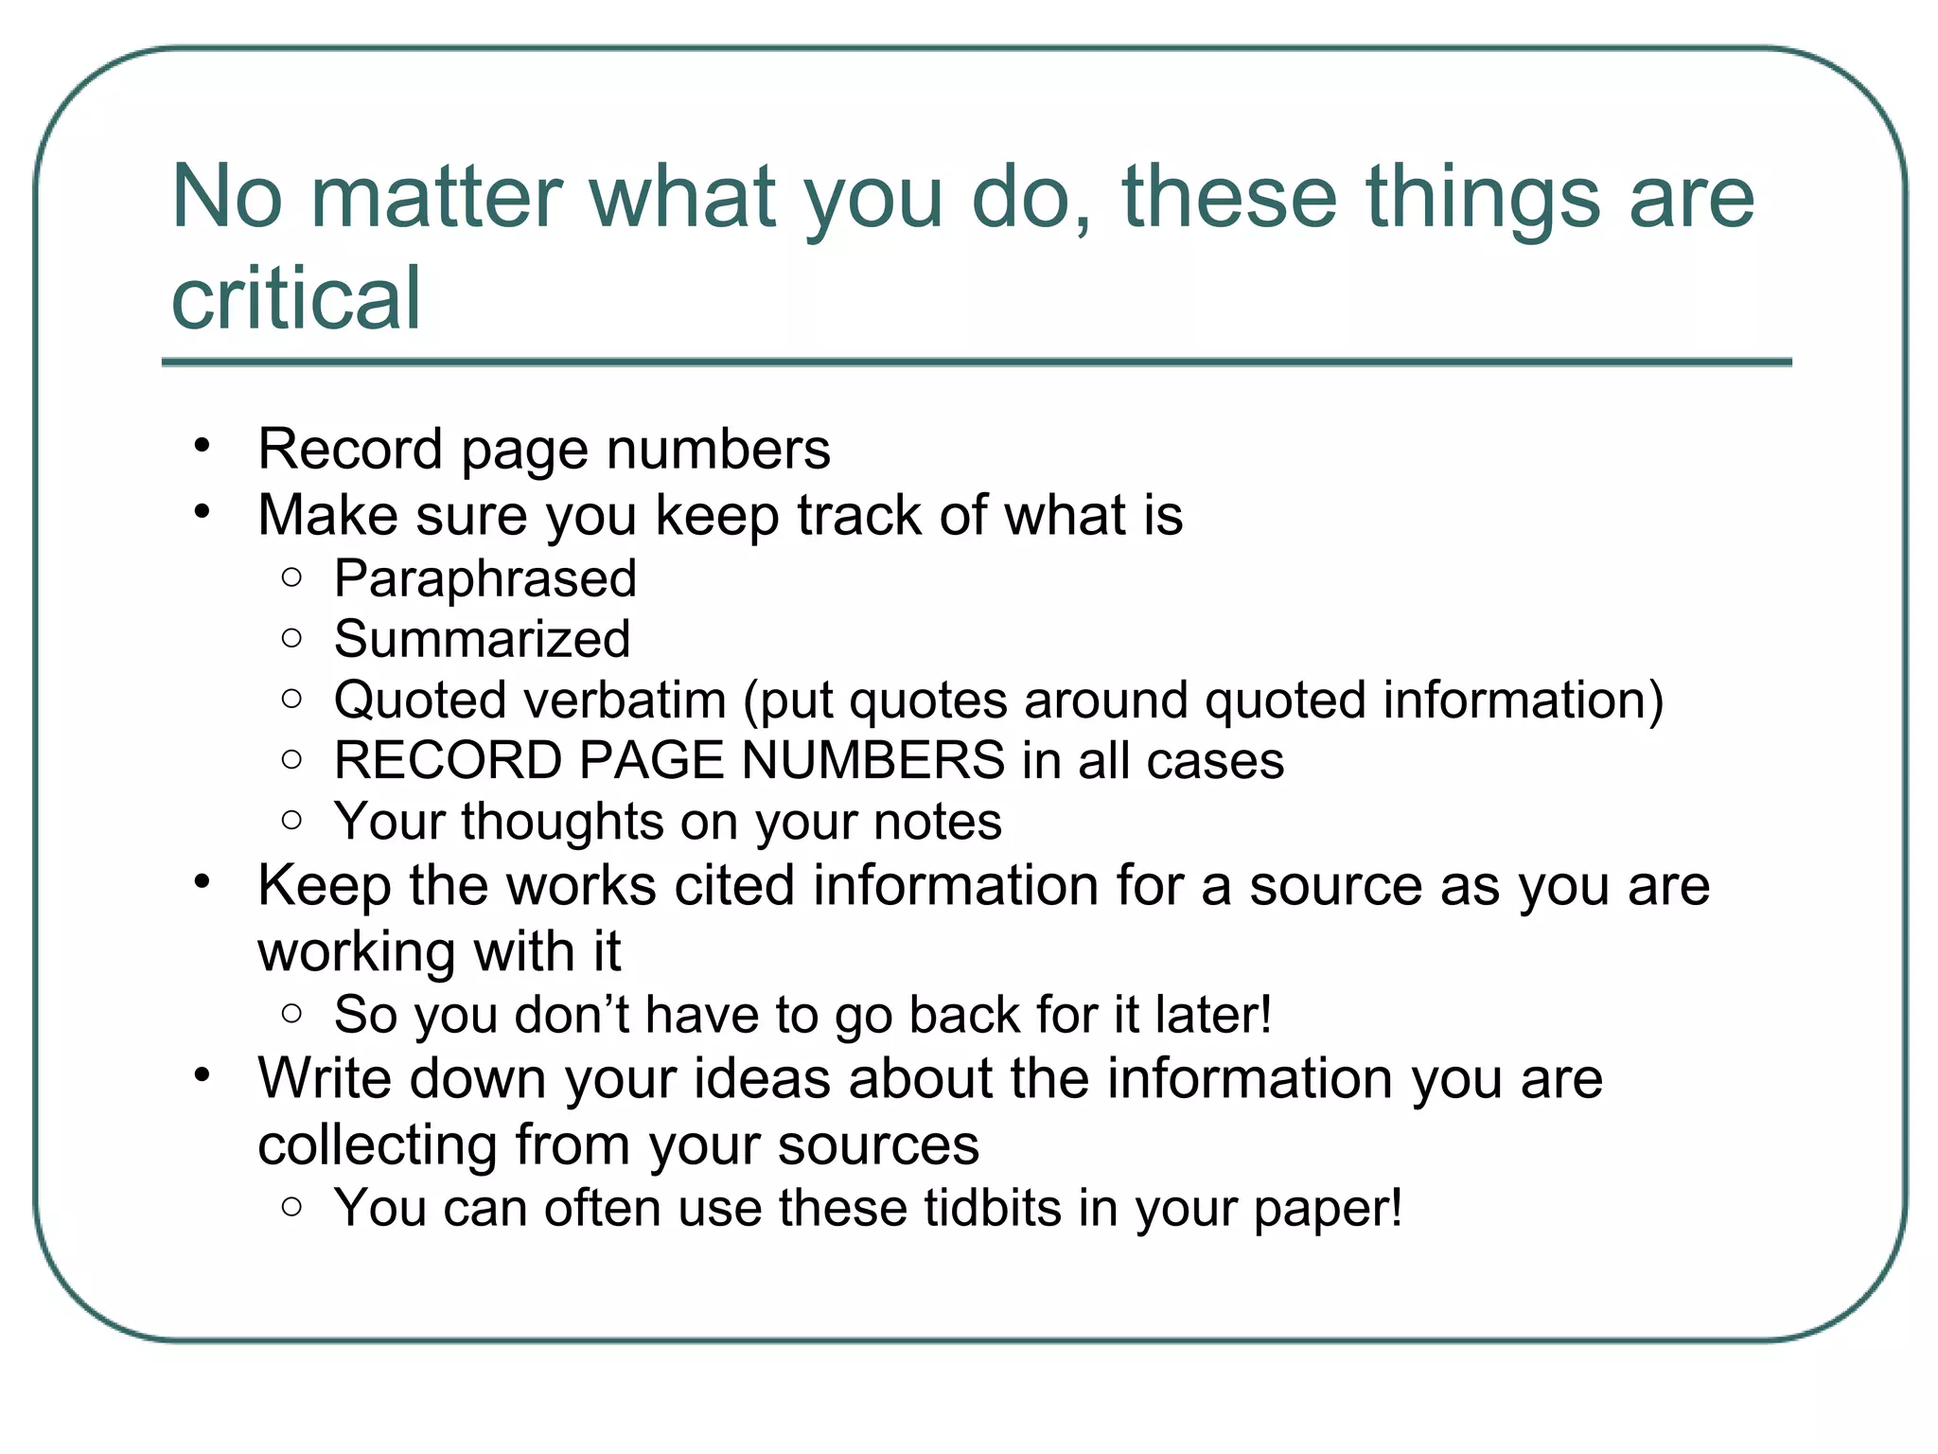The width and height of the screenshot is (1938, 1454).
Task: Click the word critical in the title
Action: (x=295, y=298)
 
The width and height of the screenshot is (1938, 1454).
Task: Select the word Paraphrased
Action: (x=485, y=578)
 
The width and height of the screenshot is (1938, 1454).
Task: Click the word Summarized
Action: (x=482, y=639)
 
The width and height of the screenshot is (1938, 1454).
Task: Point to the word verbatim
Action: (x=625, y=700)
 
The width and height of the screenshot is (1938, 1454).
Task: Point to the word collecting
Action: (x=377, y=1145)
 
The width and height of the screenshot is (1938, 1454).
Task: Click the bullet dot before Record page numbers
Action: (x=202, y=445)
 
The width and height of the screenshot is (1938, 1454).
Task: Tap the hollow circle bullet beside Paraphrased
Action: (x=291, y=577)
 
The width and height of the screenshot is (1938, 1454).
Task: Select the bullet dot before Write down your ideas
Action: (x=202, y=1075)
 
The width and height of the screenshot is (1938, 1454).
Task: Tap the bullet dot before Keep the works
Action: (x=202, y=882)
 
